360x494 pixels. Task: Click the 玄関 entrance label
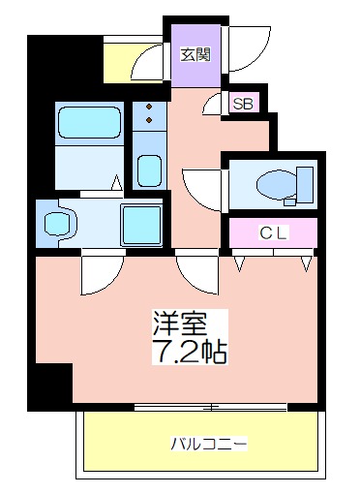(195, 54)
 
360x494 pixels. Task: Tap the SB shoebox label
(243, 104)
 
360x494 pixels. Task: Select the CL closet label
(273, 232)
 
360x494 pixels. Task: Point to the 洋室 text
(179, 324)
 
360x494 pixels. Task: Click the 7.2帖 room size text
(190, 352)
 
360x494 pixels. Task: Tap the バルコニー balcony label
(209, 444)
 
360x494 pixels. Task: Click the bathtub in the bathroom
(89, 123)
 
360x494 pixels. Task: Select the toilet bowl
(277, 186)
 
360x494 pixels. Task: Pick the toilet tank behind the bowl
(305, 185)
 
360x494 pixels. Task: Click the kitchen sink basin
(149, 170)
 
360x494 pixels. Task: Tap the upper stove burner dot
(149, 107)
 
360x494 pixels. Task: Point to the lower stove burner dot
(149, 120)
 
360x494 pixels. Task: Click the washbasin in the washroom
(57, 225)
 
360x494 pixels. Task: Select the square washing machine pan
(141, 225)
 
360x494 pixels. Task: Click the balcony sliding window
(210, 407)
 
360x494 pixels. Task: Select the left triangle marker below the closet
(239, 263)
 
